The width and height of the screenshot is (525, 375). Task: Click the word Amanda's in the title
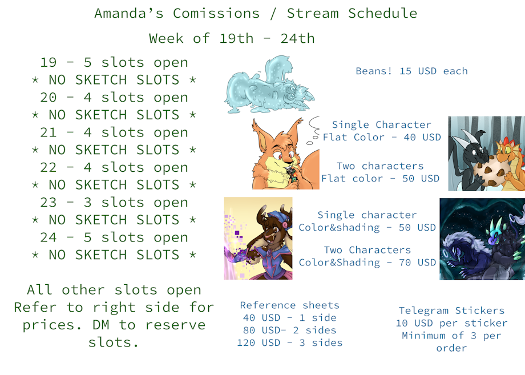[x=129, y=13]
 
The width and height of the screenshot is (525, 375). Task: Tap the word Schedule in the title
[x=382, y=13]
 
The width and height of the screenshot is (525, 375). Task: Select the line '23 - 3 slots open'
[x=114, y=203]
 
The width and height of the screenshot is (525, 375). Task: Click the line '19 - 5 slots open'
[x=114, y=63]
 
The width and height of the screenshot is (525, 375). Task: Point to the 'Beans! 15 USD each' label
[x=411, y=71]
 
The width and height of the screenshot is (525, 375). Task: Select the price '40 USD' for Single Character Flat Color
[x=422, y=138]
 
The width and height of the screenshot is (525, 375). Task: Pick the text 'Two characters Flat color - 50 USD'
[x=381, y=172]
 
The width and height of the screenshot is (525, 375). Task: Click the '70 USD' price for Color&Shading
[x=417, y=263]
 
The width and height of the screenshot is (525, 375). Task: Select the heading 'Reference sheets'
[x=290, y=305]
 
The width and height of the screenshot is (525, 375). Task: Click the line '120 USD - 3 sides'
[x=290, y=343]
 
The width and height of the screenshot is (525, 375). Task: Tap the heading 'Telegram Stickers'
[x=451, y=311]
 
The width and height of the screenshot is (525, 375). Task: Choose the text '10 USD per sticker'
[x=451, y=323]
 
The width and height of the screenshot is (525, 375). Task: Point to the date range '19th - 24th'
[x=267, y=38]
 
